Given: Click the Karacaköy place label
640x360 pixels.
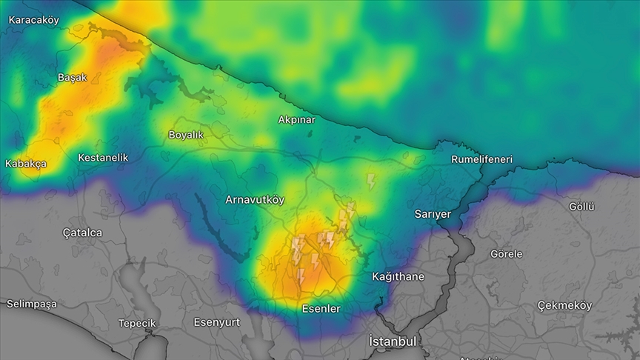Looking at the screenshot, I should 33,20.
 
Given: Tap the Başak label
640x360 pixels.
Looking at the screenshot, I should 72,77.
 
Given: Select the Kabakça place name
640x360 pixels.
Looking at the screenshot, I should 26,164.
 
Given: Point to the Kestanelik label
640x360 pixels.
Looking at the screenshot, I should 103,158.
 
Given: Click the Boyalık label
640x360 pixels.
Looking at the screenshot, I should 186,135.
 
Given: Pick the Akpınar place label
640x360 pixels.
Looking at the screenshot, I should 296,119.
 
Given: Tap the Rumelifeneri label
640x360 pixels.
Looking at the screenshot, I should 481,159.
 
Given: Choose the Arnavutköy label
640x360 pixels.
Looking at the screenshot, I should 255,200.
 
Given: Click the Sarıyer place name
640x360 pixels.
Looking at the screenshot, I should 433,214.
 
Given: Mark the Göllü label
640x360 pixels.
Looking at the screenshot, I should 581,207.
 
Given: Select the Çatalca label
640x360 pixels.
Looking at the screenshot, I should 82,233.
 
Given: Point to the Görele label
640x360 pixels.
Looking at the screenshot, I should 506,254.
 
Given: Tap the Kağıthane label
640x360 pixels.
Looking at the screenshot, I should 398,277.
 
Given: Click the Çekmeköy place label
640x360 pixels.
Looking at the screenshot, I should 564,305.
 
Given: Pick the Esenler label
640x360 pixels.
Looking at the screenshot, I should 321,309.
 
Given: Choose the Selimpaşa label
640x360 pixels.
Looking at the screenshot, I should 31,304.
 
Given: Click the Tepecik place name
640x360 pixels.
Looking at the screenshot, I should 137,324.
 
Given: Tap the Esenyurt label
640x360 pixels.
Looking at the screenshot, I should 217,322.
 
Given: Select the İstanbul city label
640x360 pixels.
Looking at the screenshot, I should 393,341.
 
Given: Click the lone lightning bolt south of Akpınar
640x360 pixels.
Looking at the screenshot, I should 371,181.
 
